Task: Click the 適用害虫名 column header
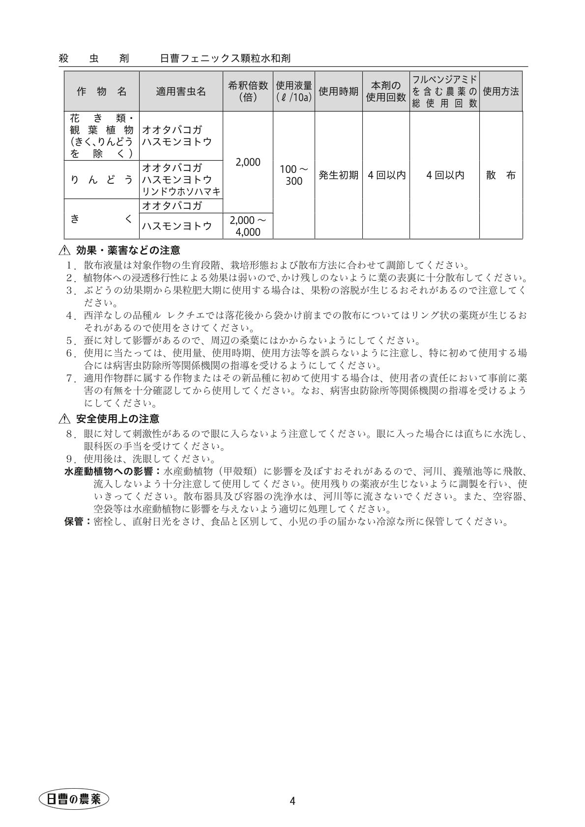pos(181,91)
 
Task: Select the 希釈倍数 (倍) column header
pos(248,91)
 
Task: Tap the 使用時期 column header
pos(338,91)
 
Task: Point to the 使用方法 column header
pos(500,91)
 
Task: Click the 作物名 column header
pos(102,91)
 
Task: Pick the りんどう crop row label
pos(102,180)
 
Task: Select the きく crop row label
pos(102,219)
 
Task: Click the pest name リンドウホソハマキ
pos(181,192)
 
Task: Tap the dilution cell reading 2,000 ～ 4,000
pos(248,226)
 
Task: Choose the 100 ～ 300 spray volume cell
pos(293,175)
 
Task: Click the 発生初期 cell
pos(338,175)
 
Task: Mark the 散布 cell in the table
pos(500,175)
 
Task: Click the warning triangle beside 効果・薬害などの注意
pos(64,251)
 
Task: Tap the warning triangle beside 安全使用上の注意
pos(64,419)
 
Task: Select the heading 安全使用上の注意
pos(117,419)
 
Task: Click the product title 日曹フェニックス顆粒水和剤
pos(225,58)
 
